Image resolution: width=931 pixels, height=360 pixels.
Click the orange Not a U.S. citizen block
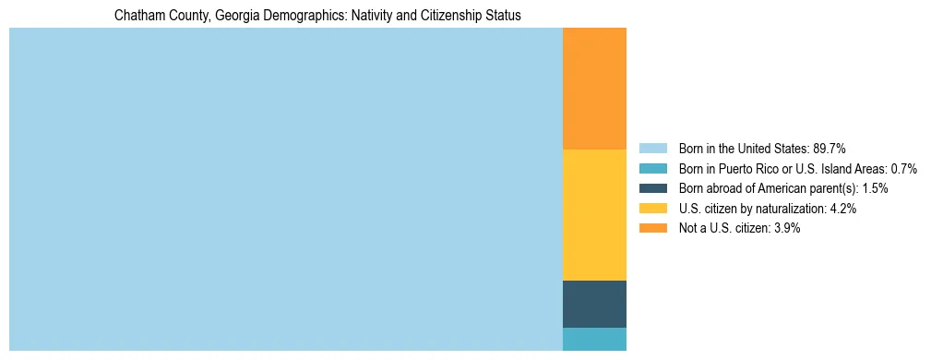(x=594, y=89)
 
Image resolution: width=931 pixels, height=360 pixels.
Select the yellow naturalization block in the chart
(x=594, y=214)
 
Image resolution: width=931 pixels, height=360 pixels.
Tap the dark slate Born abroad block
(x=594, y=304)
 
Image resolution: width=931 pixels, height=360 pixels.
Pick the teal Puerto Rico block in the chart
(x=594, y=339)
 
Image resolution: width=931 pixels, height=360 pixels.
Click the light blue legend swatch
(x=652, y=148)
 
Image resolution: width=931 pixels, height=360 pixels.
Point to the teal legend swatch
(x=652, y=168)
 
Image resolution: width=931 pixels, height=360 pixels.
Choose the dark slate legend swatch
(x=652, y=188)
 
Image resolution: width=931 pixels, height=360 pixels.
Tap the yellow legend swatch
(x=652, y=209)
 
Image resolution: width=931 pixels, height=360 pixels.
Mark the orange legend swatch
(x=652, y=229)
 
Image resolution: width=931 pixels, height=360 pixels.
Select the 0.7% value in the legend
(x=903, y=168)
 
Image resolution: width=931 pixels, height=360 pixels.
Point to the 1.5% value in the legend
(x=875, y=188)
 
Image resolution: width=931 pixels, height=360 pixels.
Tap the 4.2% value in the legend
(x=843, y=209)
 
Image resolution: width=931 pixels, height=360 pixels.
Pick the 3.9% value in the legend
(x=787, y=229)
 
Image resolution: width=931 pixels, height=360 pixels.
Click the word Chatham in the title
(x=137, y=16)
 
